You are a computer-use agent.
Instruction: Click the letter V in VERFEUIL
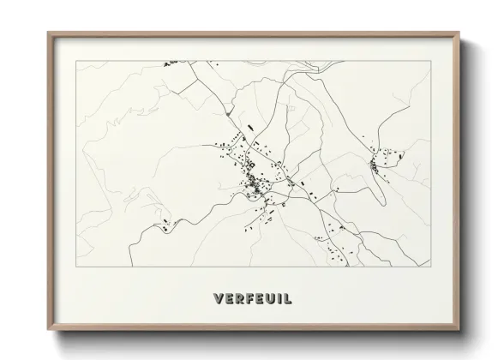point(216,300)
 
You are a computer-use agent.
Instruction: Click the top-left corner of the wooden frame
point(47,33)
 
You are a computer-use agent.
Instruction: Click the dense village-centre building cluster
point(253,182)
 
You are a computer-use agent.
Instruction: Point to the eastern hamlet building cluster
point(381,160)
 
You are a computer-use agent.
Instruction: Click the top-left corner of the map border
point(76,60)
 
